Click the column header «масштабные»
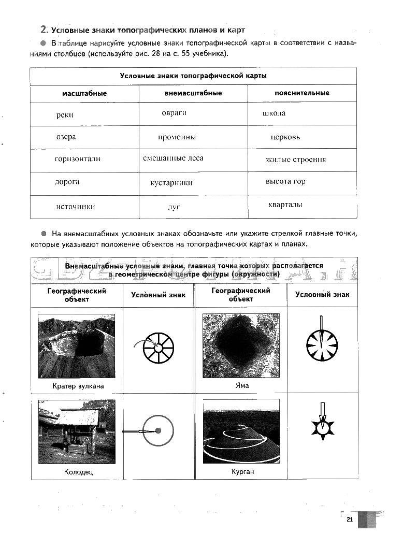point(84,94)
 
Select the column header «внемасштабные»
point(193,93)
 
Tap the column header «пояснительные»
point(302,93)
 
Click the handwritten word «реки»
point(65,115)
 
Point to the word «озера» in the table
point(66,137)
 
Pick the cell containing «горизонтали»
point(77,159)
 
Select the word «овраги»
point(174,112)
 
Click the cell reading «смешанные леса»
point(173,158)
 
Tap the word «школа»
point(274,113)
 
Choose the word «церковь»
point(285,137)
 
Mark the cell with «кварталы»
point(285,205)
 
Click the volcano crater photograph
point(77,345)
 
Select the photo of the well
point(77,431)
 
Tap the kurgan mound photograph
point(241,431)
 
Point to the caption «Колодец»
point(79,472)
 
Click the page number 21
point(350,520)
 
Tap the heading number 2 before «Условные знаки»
point(44,30)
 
